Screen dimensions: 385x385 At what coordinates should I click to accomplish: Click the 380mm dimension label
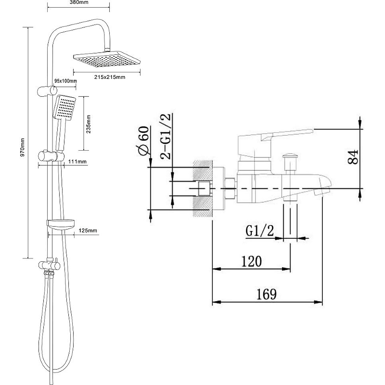pos(79,2)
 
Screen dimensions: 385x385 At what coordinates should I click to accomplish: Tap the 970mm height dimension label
pos(22,148)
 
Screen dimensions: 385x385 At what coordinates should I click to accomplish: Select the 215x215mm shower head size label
pos(110,77)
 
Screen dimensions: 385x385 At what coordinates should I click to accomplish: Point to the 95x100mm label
pos(65,81)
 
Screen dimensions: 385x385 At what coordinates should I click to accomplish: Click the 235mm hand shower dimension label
pos(89,124)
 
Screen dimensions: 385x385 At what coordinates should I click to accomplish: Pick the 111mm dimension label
pos(77,162)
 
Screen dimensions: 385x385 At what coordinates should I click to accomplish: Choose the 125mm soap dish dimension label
pos(88,231)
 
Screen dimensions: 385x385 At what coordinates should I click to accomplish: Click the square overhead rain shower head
pos(107,59)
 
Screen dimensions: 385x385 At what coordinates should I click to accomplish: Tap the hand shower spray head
pos(64,107)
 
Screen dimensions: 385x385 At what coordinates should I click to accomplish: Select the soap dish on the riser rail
pos(61,224)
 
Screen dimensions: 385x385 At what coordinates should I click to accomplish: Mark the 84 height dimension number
pos(353,157)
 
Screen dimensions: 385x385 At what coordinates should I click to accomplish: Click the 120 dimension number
pos(252,261)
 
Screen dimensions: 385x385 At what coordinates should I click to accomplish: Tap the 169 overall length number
pos(267,294)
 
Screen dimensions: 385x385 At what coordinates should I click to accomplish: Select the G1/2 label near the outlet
pos(259,231)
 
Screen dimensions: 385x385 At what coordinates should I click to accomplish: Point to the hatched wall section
pos(203,189)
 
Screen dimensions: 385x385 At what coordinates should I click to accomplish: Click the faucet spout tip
pos(323,189)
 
